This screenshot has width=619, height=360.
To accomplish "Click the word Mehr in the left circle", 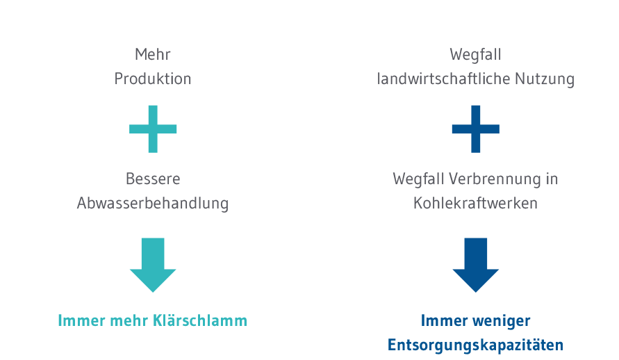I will (x=153, y=54).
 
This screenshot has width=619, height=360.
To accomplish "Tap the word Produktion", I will (x=153, y=79).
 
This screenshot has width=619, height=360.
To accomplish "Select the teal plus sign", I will (x=153, y=129).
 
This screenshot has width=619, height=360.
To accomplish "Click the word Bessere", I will (x=153, y=179).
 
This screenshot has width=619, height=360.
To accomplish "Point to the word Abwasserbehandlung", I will (x=153, y=204).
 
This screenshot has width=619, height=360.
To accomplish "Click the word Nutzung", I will (x=547, y=79).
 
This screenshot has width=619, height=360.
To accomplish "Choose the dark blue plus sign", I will (x=476, y=129).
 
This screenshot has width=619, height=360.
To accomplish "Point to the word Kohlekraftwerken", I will (x=476, y=204).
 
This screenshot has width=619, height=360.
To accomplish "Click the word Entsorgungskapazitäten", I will (x=476, y=345).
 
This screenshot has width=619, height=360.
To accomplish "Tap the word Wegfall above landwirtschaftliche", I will (x=476, y=54).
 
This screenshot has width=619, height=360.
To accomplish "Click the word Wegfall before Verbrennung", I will (x=418, y=179).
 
